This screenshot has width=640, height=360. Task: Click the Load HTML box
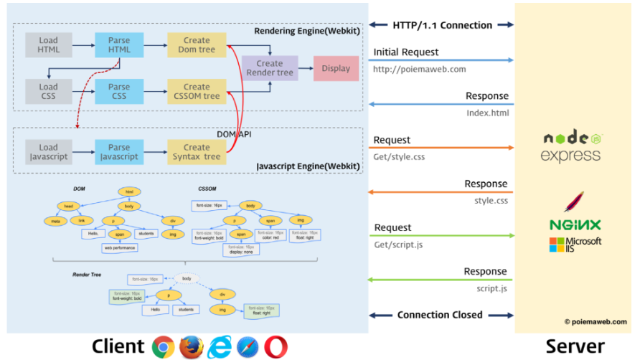[x=48, y=45]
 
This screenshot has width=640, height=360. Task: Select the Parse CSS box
[x=118, y=91]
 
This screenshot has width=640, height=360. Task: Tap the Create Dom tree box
[x=196, y=45]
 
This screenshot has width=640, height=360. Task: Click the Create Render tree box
[x=269, y=68]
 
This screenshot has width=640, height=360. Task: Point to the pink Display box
[x=336, y=68]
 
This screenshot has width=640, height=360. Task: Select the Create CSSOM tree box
[x=196, y=91]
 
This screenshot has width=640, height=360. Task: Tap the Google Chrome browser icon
[x=164, y=346]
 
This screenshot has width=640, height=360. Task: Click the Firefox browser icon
[x=192, y=346]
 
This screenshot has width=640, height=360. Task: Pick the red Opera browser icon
[x=276, y=346]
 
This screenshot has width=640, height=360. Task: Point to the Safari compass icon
[x=248, y=346]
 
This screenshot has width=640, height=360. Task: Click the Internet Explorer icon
[x=220, y=346]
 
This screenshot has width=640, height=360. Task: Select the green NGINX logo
[x=575, y=224]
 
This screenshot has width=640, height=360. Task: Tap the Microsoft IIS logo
[x=575, y=245]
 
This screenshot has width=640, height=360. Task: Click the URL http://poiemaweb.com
[x=419, y=70]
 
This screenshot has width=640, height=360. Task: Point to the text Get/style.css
[x=399, y=156]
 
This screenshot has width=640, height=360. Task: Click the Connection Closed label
[x=440, y=315]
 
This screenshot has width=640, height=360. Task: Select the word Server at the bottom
[x=575, y=346]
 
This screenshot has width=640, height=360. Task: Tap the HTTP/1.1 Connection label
[x=442, y=25]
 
